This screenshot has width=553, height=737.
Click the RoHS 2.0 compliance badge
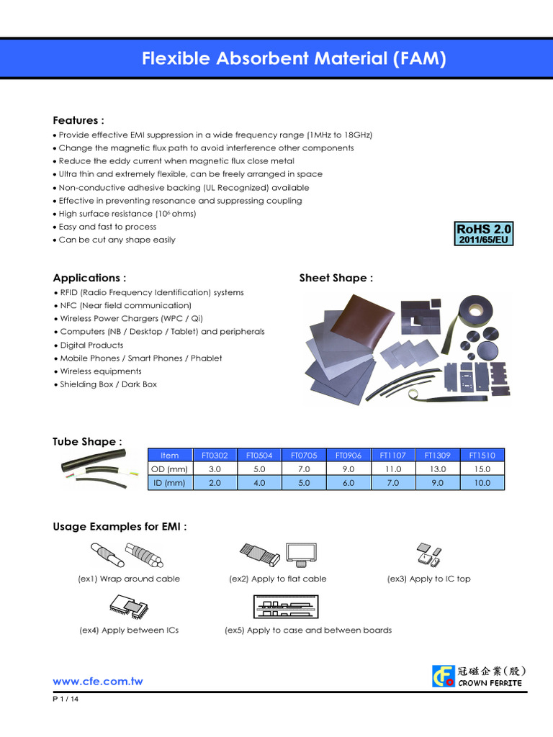483,233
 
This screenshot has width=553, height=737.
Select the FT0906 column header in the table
349,455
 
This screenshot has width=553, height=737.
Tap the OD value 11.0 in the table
393,469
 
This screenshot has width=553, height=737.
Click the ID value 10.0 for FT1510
482,483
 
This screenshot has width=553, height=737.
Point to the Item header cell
170,455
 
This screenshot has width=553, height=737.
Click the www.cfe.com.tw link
98,682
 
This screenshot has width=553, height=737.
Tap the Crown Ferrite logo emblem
442,676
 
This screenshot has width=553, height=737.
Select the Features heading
78,120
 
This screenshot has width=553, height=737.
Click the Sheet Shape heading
336,278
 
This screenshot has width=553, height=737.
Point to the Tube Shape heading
87,441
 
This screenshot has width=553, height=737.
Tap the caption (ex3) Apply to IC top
428,579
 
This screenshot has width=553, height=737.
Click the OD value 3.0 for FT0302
215,469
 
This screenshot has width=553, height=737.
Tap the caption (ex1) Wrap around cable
129,579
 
